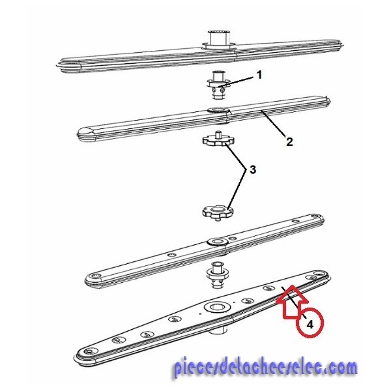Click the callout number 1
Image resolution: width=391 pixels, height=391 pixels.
tap(259, 75)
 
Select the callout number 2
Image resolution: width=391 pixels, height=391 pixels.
tap(289, 142)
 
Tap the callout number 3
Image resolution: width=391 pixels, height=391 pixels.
tap(253, 170)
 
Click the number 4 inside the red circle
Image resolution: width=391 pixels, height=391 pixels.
tap(310, 325)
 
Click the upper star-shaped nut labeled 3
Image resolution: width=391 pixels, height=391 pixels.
tap(218, 140)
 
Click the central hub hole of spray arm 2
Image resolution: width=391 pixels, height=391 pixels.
tap(218, 110)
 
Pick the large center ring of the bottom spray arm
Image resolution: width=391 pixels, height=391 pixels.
tap(215, 308)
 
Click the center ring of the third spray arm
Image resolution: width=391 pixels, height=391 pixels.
tap(217, 241)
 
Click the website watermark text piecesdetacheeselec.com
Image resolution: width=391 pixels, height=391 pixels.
tap(265, 368)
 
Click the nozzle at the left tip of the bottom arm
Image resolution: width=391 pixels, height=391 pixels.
tap(89, 352)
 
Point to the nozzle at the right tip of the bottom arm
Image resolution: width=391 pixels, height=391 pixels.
tap(319, 274)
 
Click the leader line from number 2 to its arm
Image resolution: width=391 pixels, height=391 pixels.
tap(273, 124)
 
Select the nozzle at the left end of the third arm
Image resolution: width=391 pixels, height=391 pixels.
tap(94, 276)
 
